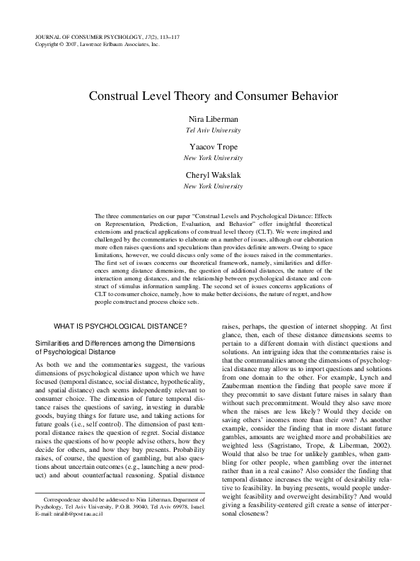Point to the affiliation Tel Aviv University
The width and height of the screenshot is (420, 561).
[x=210, y=130]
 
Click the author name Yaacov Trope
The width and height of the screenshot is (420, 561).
[x=210, y=147]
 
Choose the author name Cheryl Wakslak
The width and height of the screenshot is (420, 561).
[x=210, y=174]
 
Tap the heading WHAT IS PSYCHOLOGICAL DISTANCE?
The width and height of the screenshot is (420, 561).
[x=119, y=327]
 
